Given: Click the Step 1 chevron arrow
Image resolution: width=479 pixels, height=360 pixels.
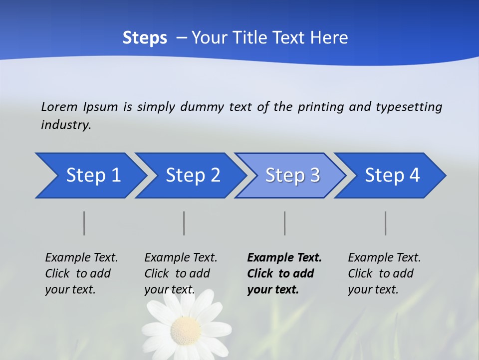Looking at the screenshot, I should pyautogui.click(x=90, y=175).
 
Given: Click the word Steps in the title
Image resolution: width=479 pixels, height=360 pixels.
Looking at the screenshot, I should pyautogui.click(x=145, y=38).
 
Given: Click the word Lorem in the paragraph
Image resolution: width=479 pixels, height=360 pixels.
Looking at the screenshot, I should pyautogui.click(x=59, y=107).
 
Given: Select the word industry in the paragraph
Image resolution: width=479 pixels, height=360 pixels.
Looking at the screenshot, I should pyautogui.click(x=65, y=125).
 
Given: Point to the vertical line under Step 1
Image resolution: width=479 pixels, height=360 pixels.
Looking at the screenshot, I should pyautogui.click(x=84, y=223).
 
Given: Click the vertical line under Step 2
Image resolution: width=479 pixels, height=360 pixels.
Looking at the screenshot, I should pyautogui.click(x=184, y=223).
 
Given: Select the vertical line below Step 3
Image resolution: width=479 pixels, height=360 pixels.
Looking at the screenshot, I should pyautogui.click(x=285, y=223).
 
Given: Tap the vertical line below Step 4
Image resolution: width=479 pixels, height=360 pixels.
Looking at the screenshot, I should pyautogui.click(x=386, y=223).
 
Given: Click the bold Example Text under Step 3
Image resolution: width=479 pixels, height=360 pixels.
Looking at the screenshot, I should pyautogui.click(x=284, y=258).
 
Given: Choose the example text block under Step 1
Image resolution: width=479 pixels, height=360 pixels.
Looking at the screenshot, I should pyautogui.click(x=81, y=273).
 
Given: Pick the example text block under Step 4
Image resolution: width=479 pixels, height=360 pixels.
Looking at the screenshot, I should pyautogui.click(x=384, y=273).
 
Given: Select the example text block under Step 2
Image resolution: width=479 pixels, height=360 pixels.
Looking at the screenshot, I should pyautogui.click(x=181, y=273).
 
